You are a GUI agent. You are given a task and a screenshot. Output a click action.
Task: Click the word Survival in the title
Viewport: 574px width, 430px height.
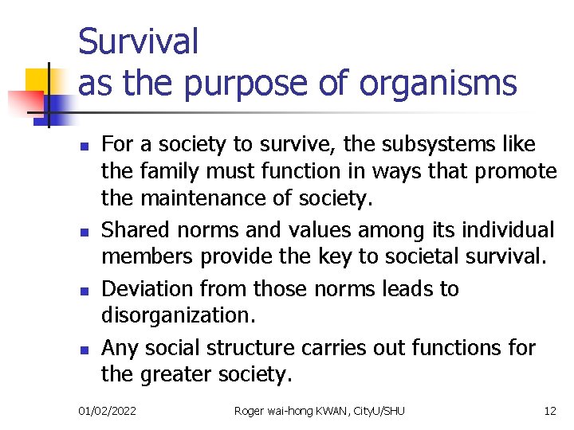(138, 41)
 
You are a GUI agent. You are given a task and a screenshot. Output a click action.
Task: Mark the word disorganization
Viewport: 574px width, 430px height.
(178, 316)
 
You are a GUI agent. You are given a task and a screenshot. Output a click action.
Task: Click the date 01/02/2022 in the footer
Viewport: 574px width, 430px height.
(107, 411)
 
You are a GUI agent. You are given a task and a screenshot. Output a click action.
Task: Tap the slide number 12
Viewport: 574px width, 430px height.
(549, 411)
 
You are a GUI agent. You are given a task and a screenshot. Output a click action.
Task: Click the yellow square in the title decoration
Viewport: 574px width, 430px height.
(37, 80)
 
